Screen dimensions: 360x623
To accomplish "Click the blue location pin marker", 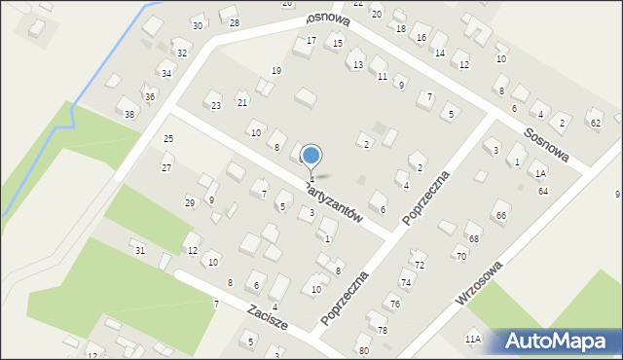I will point(311,156).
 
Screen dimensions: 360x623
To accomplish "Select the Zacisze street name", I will point(267,319).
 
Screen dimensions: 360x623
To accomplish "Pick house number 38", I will point(129,114).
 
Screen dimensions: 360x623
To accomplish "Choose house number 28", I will point(234,22).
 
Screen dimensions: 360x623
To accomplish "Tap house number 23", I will point(216,106).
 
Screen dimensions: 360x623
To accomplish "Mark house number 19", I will point(276,71).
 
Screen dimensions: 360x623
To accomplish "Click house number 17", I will point(311,41).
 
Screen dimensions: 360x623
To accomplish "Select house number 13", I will point(358,65).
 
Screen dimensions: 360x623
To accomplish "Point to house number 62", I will point(595,124).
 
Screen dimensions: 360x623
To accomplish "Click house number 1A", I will point(540,174).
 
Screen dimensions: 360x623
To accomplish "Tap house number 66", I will point(500,216).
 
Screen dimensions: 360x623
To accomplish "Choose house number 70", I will point(460,257).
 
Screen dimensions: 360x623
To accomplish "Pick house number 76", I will point(395,305).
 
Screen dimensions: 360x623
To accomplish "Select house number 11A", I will point(472,340).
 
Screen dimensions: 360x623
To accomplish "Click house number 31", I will point(140,251).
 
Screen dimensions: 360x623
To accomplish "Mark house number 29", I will point(190,202).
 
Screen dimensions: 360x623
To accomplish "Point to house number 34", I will point(166,74).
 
